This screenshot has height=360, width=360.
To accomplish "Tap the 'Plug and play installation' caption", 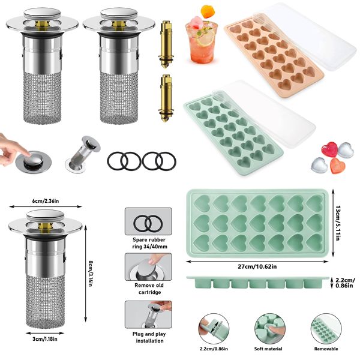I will (148, 337).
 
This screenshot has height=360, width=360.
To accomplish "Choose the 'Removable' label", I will (325, 349).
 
